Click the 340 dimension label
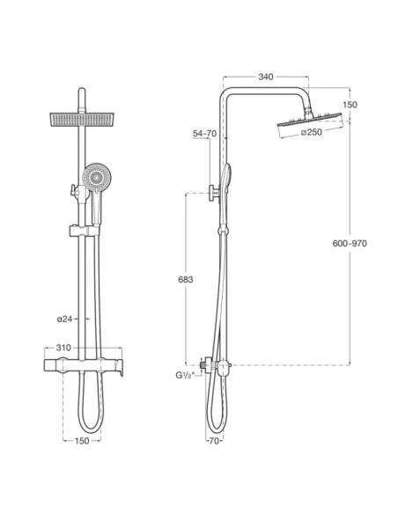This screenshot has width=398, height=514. tap(266, 77)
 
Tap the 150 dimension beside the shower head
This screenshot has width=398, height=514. tap(350, 105)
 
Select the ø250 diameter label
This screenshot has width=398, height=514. tap(312, 132)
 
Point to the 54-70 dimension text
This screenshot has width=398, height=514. tap(204, 134)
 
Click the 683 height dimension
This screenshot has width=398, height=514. tap(186, 280)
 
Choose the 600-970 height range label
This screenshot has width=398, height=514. tap(350, 244)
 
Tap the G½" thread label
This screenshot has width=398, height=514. tap(185, 375)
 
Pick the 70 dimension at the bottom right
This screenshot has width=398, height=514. tap(213, 441)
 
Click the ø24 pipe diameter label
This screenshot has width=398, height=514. tap(64, 319)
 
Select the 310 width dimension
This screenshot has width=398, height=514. tap(63, 348)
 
